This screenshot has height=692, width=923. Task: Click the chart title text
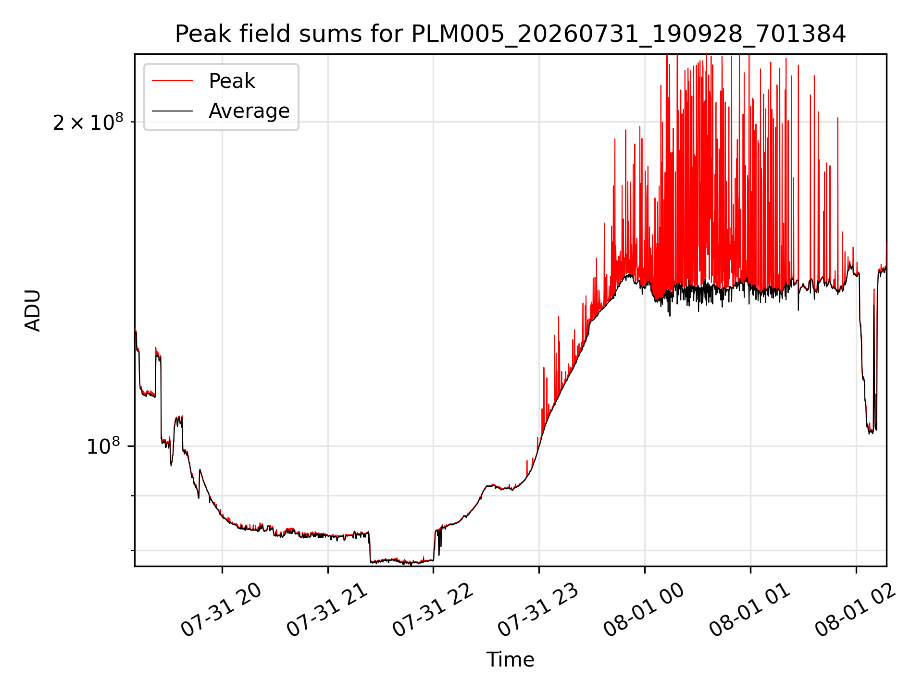(510, 34)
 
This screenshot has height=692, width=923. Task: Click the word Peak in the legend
(232, 81)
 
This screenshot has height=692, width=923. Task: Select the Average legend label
(249, 111)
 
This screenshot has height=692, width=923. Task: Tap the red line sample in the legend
(172, 81)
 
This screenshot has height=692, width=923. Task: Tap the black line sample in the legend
(172, 111)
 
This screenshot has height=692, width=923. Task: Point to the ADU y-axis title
(33, 310)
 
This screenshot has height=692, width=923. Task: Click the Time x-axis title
(510, 660)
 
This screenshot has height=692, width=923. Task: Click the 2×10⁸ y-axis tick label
(88, 123)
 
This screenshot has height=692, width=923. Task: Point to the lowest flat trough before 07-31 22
(402, 561)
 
